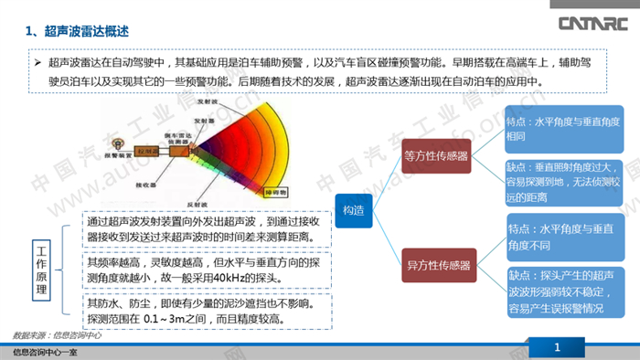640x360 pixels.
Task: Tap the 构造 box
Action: point(353,210)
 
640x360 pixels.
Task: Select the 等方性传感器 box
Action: point(438,154)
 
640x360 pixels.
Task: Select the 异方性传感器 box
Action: point(438,266)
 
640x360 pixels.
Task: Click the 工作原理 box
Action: point(41,270)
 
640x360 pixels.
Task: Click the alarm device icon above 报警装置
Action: point(116,144)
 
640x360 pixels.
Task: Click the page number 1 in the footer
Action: point(557,347)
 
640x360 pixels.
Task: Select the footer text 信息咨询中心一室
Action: point(43,351)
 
